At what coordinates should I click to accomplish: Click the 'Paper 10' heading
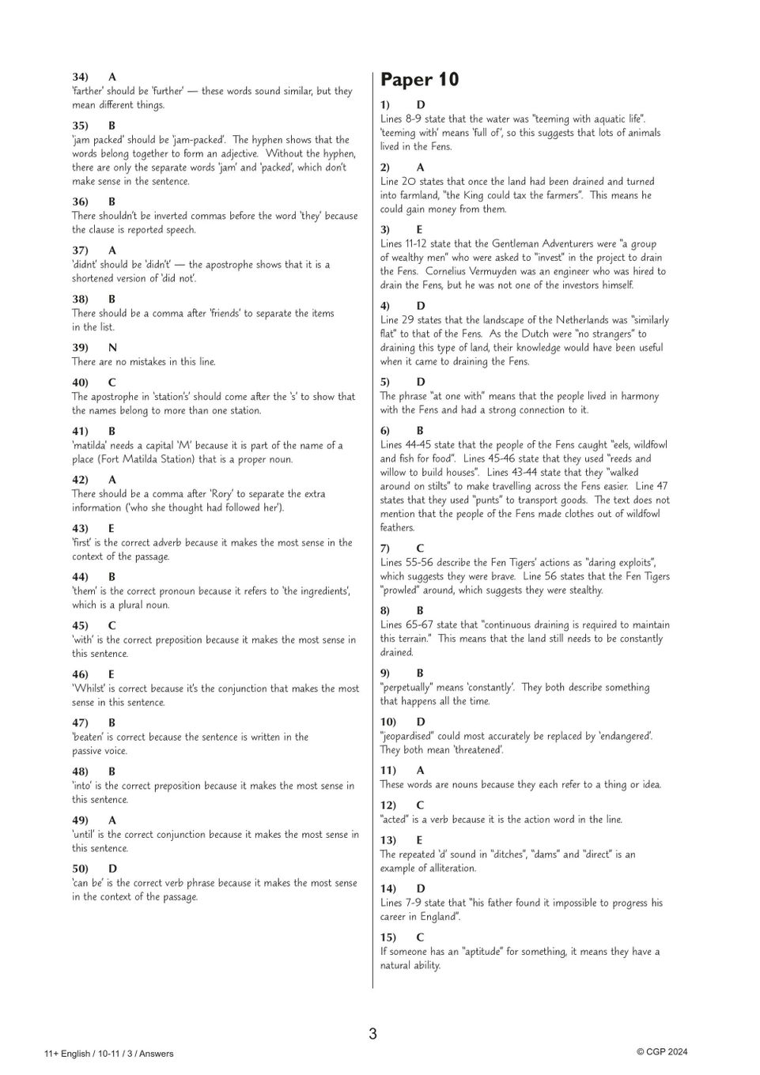point(419,80)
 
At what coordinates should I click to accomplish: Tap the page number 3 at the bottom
point(372,1034)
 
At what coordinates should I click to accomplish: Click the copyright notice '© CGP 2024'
point(662,1051)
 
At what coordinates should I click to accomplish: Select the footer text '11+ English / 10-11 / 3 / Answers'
point(109,1053)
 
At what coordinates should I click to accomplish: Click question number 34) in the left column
point(80,77)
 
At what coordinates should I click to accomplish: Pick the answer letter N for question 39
point(112,348)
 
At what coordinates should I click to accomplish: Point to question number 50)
point(80,869)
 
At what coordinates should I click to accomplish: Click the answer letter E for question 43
point(112,528)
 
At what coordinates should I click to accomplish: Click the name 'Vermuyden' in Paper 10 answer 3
point(509,271)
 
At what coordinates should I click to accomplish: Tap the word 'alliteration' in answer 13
point(450,868)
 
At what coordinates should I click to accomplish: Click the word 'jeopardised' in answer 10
point(410,736)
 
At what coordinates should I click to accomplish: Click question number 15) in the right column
point(388,937)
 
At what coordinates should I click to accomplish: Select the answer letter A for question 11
point(420,770)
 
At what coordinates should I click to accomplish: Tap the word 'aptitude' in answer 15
point(486,952)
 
